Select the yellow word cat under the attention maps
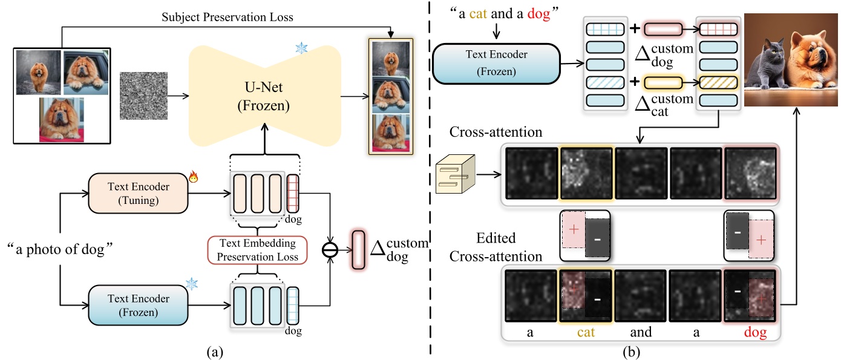(586, 332)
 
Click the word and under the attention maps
(641, 332)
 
